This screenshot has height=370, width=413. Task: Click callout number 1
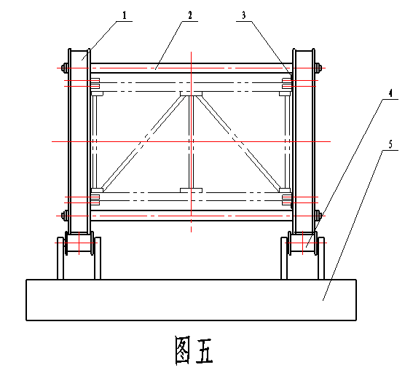pos(125,15)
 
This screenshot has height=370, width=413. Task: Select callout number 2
pos(190,15)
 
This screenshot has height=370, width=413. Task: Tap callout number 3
pos(243,15)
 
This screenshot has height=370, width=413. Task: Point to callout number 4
pos(390,93)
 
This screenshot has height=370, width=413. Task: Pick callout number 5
pos(390,144)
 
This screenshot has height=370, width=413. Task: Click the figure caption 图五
pos(194,350)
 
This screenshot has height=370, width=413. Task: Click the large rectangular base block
pos(192,300)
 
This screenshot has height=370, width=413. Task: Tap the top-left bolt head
pos(65,68)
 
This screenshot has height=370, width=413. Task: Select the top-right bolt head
pos(318,68)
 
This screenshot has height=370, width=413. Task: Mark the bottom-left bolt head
pos(65,216)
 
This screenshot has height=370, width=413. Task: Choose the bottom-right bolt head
pos(318,216)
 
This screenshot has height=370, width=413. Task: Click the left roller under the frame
pos(79,243)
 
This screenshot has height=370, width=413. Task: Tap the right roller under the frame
pos(303,243)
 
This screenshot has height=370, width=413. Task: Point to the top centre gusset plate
pos(192,94)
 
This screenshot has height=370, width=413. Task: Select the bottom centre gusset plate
pos(192,190)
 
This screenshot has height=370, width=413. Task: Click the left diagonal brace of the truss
pos(144,143)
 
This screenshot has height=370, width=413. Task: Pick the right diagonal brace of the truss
pos(238,143)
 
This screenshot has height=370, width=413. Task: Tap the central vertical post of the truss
pos(192,142)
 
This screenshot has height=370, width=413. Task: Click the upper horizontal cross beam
pos(192,68)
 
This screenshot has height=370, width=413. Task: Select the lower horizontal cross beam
pos(192,216)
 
